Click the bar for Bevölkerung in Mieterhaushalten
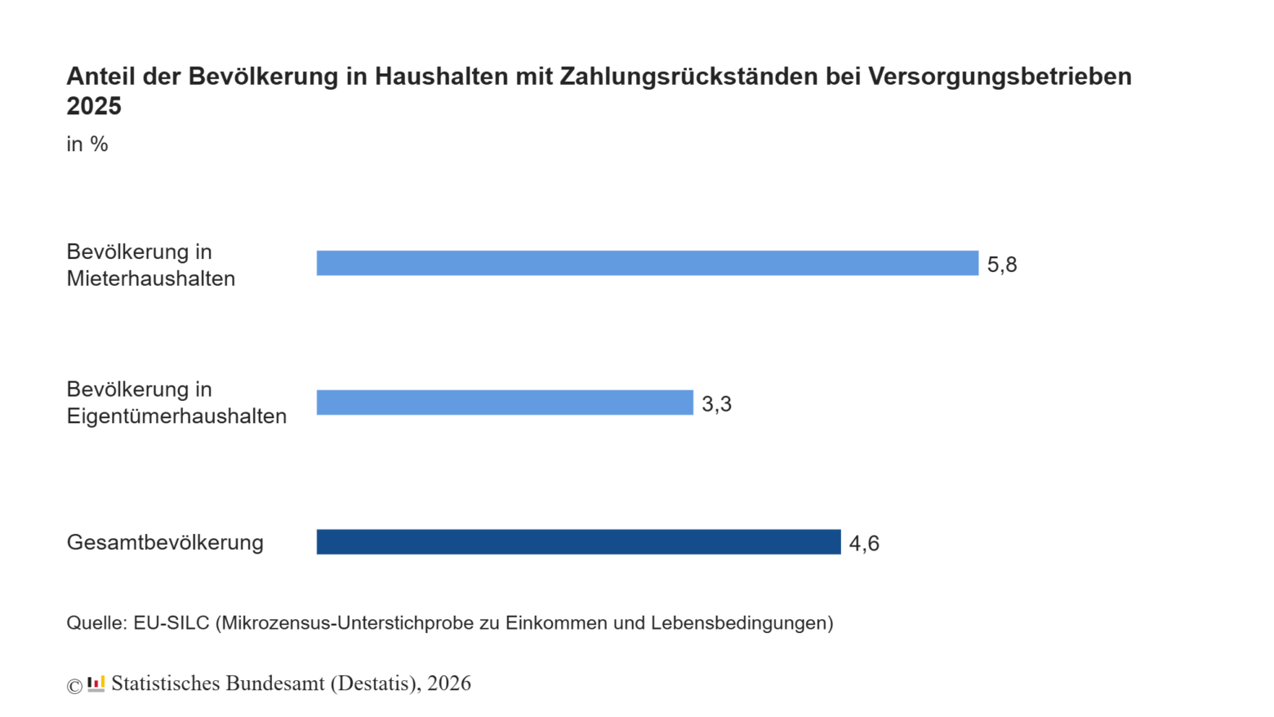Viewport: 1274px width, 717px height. pos(648,263)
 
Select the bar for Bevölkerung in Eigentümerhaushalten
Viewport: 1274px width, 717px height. pos(505,403)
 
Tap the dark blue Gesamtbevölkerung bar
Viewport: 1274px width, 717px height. pos(578,542)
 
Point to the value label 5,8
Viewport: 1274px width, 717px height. pos(1001,265)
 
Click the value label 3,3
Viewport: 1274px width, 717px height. pos(717,403)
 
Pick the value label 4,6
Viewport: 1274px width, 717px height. pos(864,543)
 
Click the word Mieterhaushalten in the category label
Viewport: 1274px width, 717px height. pos(151,278)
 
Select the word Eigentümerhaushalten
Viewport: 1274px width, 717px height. pos(176,416)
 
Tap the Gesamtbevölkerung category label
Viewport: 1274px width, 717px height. pos(165,542)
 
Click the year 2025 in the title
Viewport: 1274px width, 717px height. pos(94,106)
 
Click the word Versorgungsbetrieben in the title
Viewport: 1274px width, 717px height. pos(1000,76)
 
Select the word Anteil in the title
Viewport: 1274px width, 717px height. pos(100,76)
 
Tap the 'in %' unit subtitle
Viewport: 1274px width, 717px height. pos(87,145)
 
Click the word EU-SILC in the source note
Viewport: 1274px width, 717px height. pos(171,622)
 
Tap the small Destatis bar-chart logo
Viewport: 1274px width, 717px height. pos(96,684)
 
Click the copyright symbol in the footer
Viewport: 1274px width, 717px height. pos(74,686)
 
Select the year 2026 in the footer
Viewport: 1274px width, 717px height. pos(449,683)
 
